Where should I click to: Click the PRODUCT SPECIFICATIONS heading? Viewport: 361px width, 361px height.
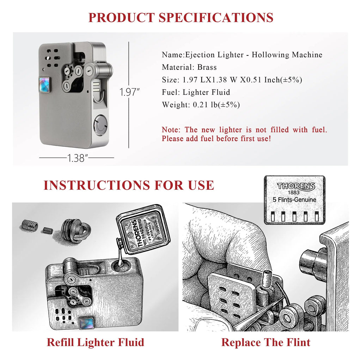coord(180,17)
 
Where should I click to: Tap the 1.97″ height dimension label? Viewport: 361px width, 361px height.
coord(129,92)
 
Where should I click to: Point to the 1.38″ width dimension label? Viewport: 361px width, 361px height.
coord(77,158)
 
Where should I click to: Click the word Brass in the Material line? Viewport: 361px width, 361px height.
coord(207,67)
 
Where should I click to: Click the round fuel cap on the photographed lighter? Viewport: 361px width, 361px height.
coord(100,124)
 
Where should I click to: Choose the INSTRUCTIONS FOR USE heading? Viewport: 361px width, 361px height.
coord(129,185)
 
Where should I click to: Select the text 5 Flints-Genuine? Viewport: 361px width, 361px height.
coord(294,200)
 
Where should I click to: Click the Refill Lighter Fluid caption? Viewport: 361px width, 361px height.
coord(95,342)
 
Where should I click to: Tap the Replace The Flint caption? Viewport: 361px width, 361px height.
coord(266,342)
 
